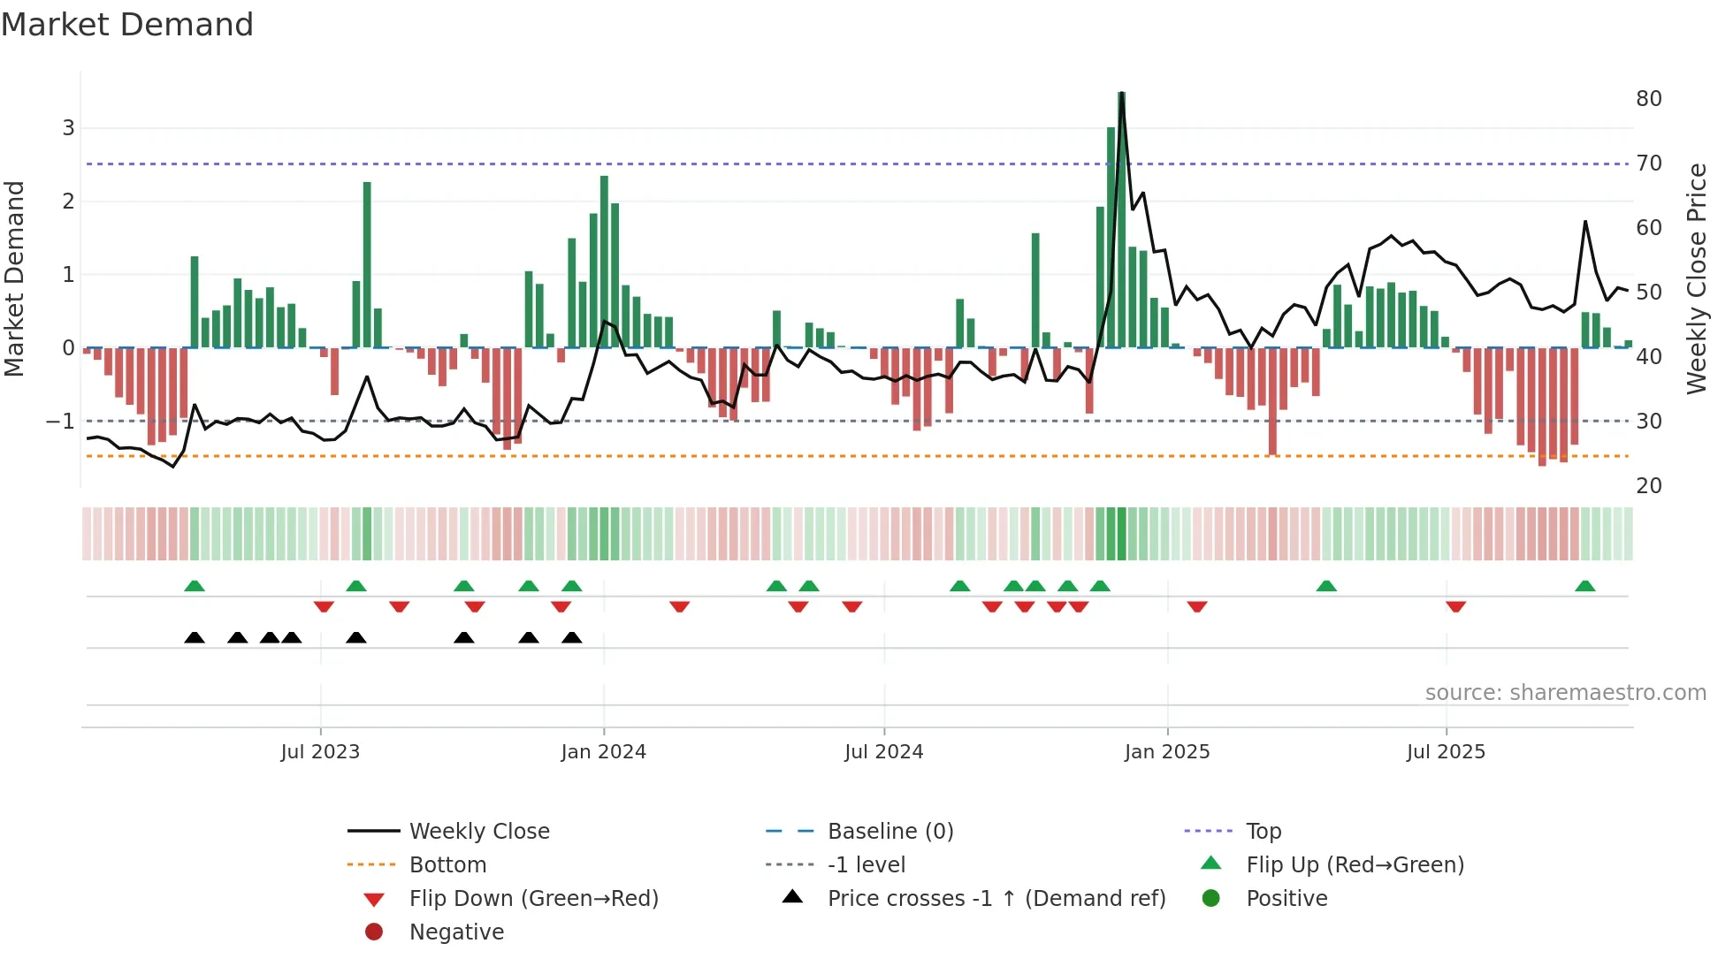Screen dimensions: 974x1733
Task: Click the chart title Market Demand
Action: pyautogui.click(x=127, y=25)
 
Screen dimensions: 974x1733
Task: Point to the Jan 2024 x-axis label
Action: pyautogui.click(x=603, y=752)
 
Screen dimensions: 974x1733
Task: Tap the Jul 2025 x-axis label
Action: pyautogui.click(x=1446, y=752)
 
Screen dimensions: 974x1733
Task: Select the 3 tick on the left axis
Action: pyautogui.click(x=68, y=128)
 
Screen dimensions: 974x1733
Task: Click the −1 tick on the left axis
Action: pyautogui.click(x=60, y=422)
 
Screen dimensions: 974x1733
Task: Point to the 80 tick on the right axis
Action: pyautogui.click(x=1648, y=98)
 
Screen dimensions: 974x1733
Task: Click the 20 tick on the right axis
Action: pyautogui.click(x=1648, y=485)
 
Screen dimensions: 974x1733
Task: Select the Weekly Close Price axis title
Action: pyautogui.click(x=1696, y=278)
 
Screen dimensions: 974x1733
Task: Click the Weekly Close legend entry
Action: pyautogui.click(x=478, y=832)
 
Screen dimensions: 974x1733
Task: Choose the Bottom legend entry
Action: pyautogui.click(x=447, y=865)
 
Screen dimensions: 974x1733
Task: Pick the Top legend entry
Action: pyautogui.click(x=1263, y=832)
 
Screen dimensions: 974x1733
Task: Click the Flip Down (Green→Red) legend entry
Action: pyautogui.click(x=533, y=899)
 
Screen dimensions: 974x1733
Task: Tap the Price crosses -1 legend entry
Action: pyautogui.click(x=996, y=899)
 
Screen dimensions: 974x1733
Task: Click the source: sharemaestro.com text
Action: pyautogui.click(x=1565, y=693)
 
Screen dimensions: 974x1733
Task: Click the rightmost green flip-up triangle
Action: pyautogui.click(x=1584, y=586)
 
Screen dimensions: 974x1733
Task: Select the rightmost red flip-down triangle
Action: pyautogui.click(x=1455, y=606)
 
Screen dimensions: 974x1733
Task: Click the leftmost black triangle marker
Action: pyautogui.click(x=195, y=638)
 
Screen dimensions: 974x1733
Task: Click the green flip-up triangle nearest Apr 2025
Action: pyautogui.click(x=1325, y=586)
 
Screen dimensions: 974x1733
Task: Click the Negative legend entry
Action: pyautogui.click(x=456, y=932)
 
